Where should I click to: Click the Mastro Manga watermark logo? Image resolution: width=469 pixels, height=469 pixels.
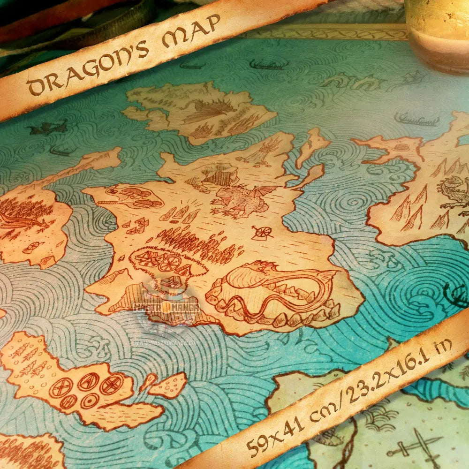pos(166,307)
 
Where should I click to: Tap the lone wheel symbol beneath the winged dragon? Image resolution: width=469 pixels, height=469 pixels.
pos(262,232)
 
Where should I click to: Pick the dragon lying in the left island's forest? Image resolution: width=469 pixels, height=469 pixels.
pos(21,220)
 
